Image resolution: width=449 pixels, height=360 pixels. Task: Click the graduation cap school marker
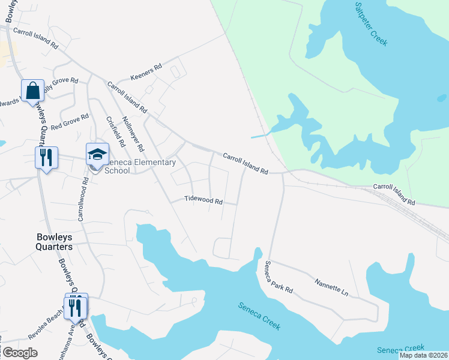97,154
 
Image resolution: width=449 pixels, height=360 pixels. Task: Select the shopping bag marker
32,91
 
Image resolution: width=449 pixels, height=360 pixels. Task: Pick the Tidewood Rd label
203,200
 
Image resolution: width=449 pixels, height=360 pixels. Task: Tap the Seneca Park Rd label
279,277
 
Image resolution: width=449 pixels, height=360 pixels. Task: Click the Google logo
20,353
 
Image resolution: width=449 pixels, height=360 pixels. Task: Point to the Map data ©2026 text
423,355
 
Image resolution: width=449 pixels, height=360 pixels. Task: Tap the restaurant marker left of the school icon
46,158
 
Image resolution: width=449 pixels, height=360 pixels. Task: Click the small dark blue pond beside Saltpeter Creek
442,97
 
